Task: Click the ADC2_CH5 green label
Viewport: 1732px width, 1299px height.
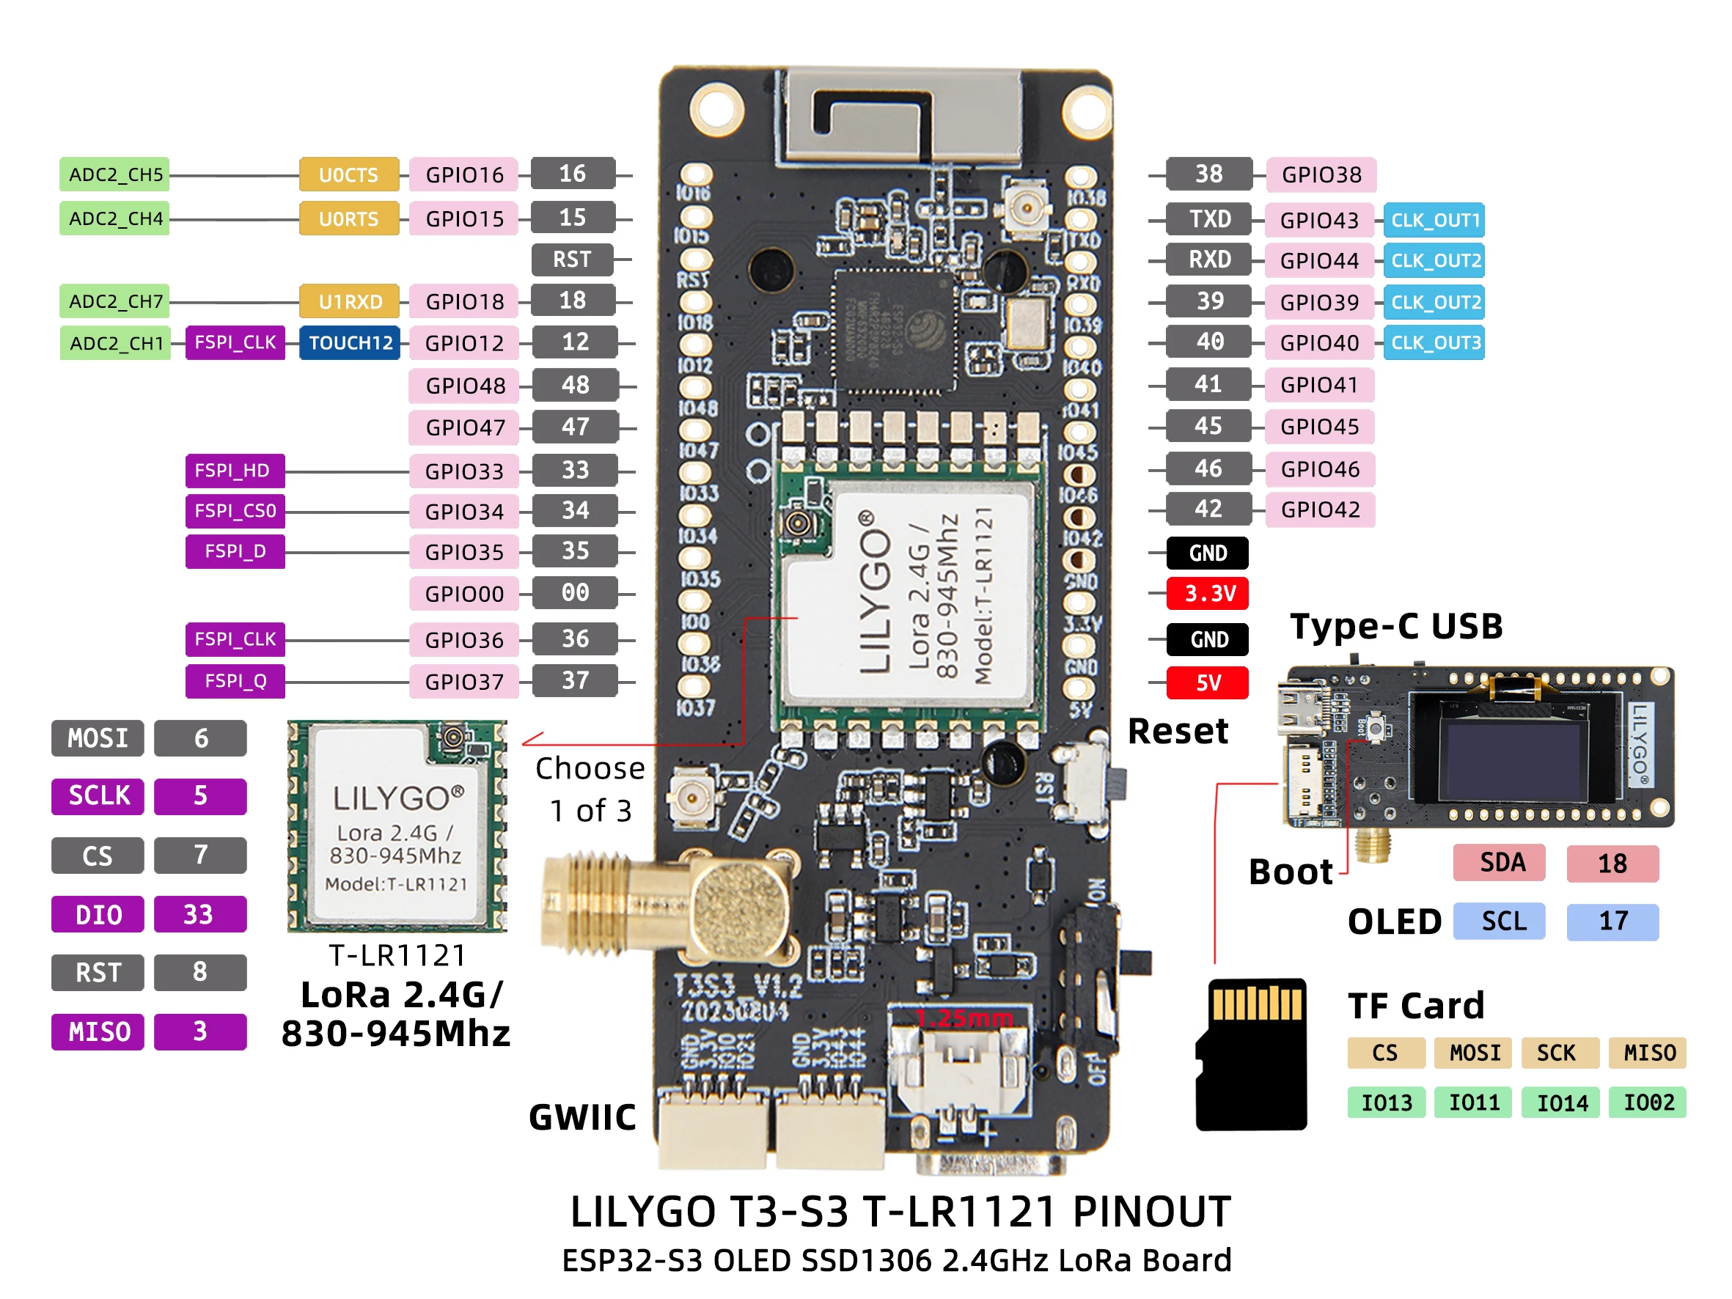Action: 115,174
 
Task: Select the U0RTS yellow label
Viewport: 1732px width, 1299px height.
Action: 348,218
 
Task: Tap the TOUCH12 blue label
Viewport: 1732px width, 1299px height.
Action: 349,343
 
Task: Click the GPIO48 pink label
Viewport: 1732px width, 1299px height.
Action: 463,386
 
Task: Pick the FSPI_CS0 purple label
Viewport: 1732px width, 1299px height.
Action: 235,511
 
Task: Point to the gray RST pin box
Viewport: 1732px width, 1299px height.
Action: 572,260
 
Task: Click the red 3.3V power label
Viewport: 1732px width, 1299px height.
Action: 1208,594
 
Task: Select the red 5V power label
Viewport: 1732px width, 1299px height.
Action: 1208,682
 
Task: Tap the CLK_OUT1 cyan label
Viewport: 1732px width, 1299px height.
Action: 1434,220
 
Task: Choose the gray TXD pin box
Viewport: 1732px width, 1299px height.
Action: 1209,219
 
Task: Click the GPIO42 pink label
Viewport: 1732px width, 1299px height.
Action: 1319,509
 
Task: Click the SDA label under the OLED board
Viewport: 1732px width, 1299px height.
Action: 1500,863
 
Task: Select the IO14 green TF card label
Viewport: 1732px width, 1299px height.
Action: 1561,1103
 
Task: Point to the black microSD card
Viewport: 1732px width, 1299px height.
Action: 1251,1053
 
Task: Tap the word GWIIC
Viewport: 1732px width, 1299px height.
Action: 581,1117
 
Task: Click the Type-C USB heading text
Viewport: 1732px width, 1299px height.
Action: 1396,626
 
